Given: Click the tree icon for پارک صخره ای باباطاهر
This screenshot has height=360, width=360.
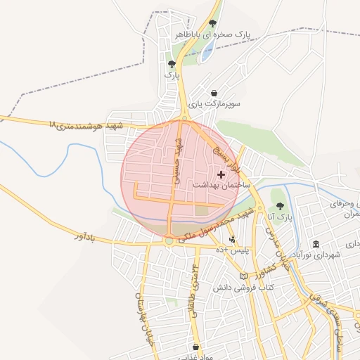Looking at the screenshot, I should [x=212, y=23].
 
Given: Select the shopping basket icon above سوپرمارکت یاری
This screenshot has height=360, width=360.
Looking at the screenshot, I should [x=214, y=93].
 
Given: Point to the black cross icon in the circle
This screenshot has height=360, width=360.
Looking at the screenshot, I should [x=221, y=174].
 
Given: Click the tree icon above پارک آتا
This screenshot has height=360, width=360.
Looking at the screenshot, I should [x=280, y=206].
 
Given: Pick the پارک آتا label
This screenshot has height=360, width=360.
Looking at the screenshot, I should [x=279, y=217].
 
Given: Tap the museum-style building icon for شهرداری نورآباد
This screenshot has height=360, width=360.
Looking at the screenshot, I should [x=316, y=244].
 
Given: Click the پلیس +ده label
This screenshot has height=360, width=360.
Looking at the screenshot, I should [x=232, y=250].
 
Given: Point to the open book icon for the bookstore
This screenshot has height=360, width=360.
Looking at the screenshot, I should [x=244, y=277].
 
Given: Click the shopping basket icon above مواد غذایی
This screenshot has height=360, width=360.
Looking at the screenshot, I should [x=195, y=347].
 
